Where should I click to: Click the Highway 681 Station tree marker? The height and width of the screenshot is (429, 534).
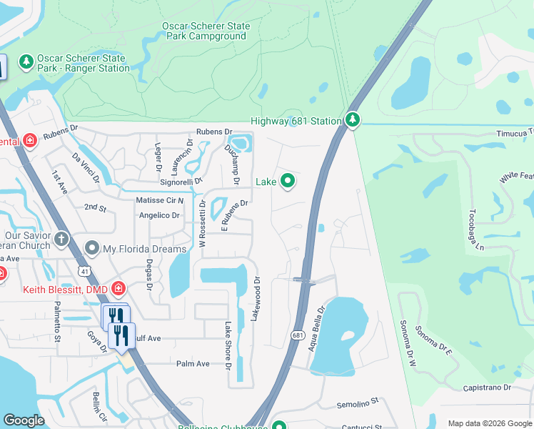tap(352, 120)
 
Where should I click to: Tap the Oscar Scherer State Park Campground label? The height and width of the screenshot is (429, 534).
tap(206, 31)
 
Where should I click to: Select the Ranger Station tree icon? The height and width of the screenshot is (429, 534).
tap(26, 62)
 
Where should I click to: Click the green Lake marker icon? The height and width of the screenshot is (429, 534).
tap(288, 182)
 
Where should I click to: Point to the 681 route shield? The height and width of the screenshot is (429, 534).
tap(298, 335)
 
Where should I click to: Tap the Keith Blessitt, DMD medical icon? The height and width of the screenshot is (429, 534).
tap(119, 290)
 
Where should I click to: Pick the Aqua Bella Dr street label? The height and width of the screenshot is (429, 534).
tap(317, 327)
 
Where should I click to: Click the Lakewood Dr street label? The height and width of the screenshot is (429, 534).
tap(254, 299)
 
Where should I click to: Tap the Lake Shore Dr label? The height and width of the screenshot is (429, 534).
tap(228, 345)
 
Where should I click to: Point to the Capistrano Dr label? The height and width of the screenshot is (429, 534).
tap(487, 388)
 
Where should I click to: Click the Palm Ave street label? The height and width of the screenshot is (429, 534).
tap(193, 364)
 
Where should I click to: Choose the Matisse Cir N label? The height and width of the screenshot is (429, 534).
tap(161, 201)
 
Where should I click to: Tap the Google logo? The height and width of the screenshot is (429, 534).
tap(24, 420)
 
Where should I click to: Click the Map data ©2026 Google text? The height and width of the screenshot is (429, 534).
tap(489, 423)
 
